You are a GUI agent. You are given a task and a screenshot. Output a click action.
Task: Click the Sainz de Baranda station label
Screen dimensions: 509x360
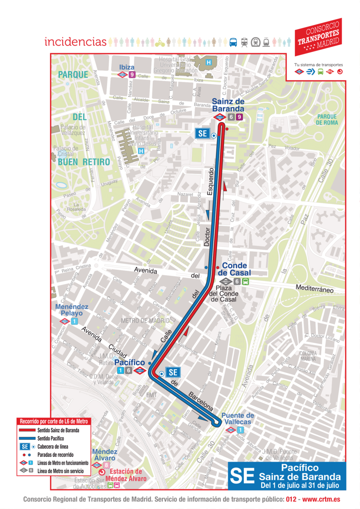coord(228,105)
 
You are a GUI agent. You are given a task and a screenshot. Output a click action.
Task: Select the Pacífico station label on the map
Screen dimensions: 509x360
coord(129,362)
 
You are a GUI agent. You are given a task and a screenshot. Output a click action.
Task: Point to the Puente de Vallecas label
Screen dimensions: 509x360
coord(238,419)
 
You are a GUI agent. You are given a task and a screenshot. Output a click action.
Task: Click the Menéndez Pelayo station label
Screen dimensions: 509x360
coord(72,310)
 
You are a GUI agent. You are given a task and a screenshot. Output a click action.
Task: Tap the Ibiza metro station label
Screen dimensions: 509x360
coord(127,67)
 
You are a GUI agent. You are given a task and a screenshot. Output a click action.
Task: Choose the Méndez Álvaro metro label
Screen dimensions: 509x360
coord(104,455)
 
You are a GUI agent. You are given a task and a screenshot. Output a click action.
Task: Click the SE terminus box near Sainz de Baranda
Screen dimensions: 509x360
coord(202,134)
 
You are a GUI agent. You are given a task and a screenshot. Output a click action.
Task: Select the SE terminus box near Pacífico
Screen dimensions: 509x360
coord(173,372)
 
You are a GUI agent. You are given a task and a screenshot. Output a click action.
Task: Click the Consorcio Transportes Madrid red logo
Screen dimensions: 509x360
coord(318,37)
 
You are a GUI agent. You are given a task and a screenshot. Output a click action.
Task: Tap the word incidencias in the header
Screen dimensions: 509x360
coord(75,42)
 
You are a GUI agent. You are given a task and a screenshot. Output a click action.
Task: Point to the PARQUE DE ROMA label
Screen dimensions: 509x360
coord(327,119)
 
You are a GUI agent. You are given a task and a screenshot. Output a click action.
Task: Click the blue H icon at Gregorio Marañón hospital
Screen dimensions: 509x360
coord(209,63)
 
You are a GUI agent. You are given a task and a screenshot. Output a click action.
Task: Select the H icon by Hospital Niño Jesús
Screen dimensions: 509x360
coord(141,151)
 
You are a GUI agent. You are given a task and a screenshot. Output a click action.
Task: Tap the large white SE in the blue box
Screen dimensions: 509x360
coord(242,476)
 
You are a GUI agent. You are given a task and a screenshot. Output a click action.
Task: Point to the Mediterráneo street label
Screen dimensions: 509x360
coord(314,288)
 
